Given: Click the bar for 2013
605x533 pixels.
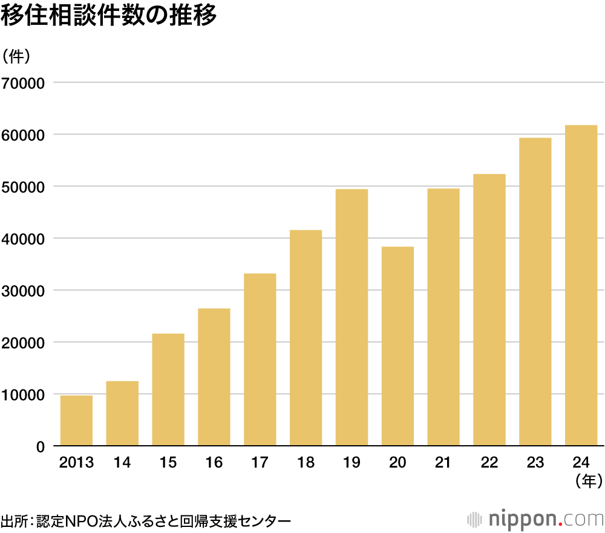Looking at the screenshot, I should pyautogui.click(x=76, y=421).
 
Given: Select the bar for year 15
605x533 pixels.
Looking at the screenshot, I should pyautogui.click(x=168, y=390).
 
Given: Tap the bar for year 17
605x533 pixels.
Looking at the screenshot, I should pyautogui.click(x=260, y=360).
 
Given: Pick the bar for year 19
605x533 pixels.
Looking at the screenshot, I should pyautogui.click(x=352, y=317).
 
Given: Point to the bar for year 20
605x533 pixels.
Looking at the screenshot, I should pyautogui.click(x=397, y=346).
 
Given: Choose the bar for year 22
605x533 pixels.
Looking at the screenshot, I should pyautogui.click(x=489, y=310).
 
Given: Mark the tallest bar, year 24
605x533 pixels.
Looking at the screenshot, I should pyautogui.click(x=581, y=285).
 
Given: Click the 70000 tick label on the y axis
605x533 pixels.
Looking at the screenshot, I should pyautogui.click(x=24, y=82).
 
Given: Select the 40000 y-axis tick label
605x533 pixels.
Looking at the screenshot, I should pyautogui.click(x=24, y=238).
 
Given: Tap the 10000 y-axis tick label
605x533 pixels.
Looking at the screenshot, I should pyautogui.click(x=24, y=394).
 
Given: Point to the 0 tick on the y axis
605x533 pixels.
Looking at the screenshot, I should pyautogui.click(x=41, y=446).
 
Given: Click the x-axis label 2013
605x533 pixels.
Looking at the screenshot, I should pyautogui.click(x=76, y=463).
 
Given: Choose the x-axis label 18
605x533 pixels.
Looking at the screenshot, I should pyautogui.click(x=306, y=463).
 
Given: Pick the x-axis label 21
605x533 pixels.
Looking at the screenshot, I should pyautogui.click(x=443, y=463).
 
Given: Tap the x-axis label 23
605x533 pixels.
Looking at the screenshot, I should pyautogui.click(x=535, y=463).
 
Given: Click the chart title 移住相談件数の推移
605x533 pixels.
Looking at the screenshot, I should pyautogui.click(x=108, y=16).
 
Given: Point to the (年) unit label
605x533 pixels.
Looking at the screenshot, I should pyautogui.click(x=589, y=482).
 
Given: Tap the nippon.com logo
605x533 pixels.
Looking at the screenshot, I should pyautogui.click(x=536, y=519).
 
